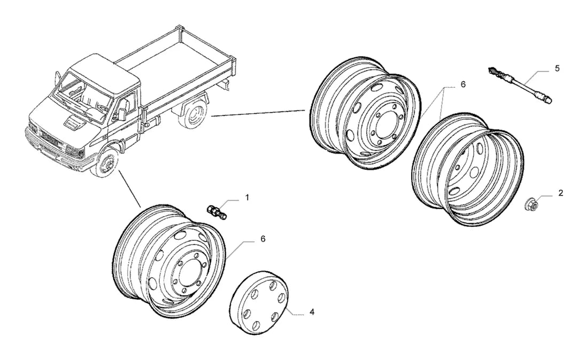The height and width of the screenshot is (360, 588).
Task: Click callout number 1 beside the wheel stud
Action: coord(247,198)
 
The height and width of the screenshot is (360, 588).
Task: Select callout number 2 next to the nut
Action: coord(561,193)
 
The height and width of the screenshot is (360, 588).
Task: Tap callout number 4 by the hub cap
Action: coord(312,312)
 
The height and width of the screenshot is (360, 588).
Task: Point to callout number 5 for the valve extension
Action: coord(557,68)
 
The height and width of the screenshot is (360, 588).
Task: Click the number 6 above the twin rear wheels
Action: coord(463,85)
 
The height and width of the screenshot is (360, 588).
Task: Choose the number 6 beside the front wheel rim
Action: coord(262,239)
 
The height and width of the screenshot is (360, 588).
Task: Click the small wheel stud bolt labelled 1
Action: coord(218,212)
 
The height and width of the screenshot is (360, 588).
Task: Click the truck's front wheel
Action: coord(105,163)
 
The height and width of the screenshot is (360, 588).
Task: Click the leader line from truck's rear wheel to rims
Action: coord(258,114)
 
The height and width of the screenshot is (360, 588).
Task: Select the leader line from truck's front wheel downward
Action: coord(130,188)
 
